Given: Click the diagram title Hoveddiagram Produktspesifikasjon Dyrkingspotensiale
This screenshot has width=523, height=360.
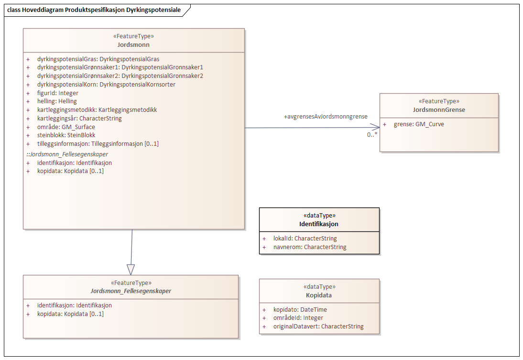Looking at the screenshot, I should click(94, 10).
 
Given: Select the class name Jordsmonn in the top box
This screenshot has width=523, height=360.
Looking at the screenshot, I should click(133, 44).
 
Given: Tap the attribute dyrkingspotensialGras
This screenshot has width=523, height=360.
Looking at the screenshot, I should click(98, 59).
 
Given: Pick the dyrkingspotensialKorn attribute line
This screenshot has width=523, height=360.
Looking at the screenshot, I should click(106, 85).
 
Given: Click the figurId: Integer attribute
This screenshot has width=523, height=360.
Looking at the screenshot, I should click(57, 93).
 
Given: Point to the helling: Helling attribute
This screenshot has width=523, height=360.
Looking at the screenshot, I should click(57, 101).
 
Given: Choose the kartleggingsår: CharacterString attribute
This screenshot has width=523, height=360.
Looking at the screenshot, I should click(79, 119).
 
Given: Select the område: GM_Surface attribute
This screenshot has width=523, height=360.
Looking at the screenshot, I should click(66, 127).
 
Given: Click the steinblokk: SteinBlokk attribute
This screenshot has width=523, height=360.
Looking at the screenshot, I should click(66, 135).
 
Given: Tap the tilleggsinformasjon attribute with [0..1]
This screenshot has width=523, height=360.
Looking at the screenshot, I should click(98, 144).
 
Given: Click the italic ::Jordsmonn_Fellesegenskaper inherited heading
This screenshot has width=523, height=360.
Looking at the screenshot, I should click(67, 154).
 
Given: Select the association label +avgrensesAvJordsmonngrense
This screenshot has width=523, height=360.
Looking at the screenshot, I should click(326, 117).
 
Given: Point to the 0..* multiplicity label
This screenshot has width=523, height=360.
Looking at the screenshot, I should click(372, 135).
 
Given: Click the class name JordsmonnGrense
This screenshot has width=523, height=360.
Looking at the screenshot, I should click(439, 109).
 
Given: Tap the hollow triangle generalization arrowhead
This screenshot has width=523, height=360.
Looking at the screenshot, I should click(131, 269).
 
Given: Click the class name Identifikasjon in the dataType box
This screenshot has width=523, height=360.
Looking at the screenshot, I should click(319, 224).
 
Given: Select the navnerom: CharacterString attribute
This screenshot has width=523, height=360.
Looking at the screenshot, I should click(310, 247).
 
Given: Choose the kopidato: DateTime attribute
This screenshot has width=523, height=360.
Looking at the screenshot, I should click(300, 309).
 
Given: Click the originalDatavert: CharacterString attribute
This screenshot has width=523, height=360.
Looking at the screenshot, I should click(318, 327).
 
